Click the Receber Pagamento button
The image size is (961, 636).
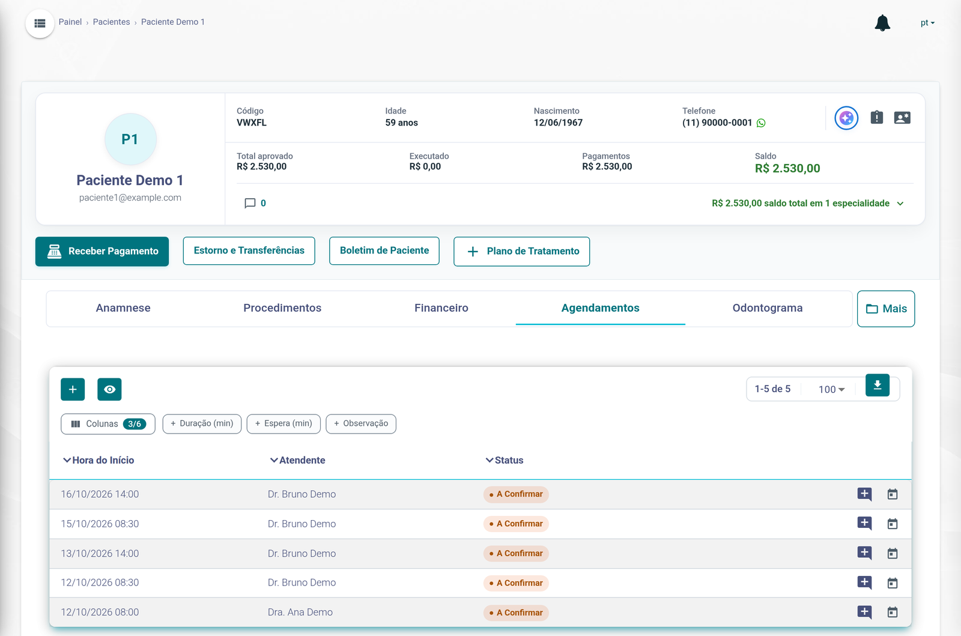(x=102, y=251)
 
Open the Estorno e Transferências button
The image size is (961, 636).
(x=249, y=251)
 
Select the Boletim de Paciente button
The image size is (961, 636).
(x=384, y=251)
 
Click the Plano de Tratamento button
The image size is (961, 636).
(x=521, y=251)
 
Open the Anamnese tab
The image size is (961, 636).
(x=123, y=308)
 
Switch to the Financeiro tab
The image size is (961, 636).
(x=441, y=308)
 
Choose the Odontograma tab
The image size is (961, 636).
(x=767, y=308)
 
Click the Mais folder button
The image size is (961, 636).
(x=886, y=309)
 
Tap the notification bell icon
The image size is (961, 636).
(x=882, y=23)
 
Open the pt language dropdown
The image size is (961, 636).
(x=927, y=23)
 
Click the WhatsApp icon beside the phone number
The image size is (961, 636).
(x=761, y=123)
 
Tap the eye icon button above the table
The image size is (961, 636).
(x=109, y=389)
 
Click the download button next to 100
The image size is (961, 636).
(x=878, y=385)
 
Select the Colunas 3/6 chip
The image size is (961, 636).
(x=108, y=424)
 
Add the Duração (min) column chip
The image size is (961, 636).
(x=202, y=424)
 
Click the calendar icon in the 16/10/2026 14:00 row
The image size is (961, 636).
(x=893, y=494)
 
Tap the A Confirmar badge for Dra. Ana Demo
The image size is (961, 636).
(x=516, y=613)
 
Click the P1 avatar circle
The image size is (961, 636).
(x=130, y=139)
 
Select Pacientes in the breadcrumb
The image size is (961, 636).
(x=112, y=22)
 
